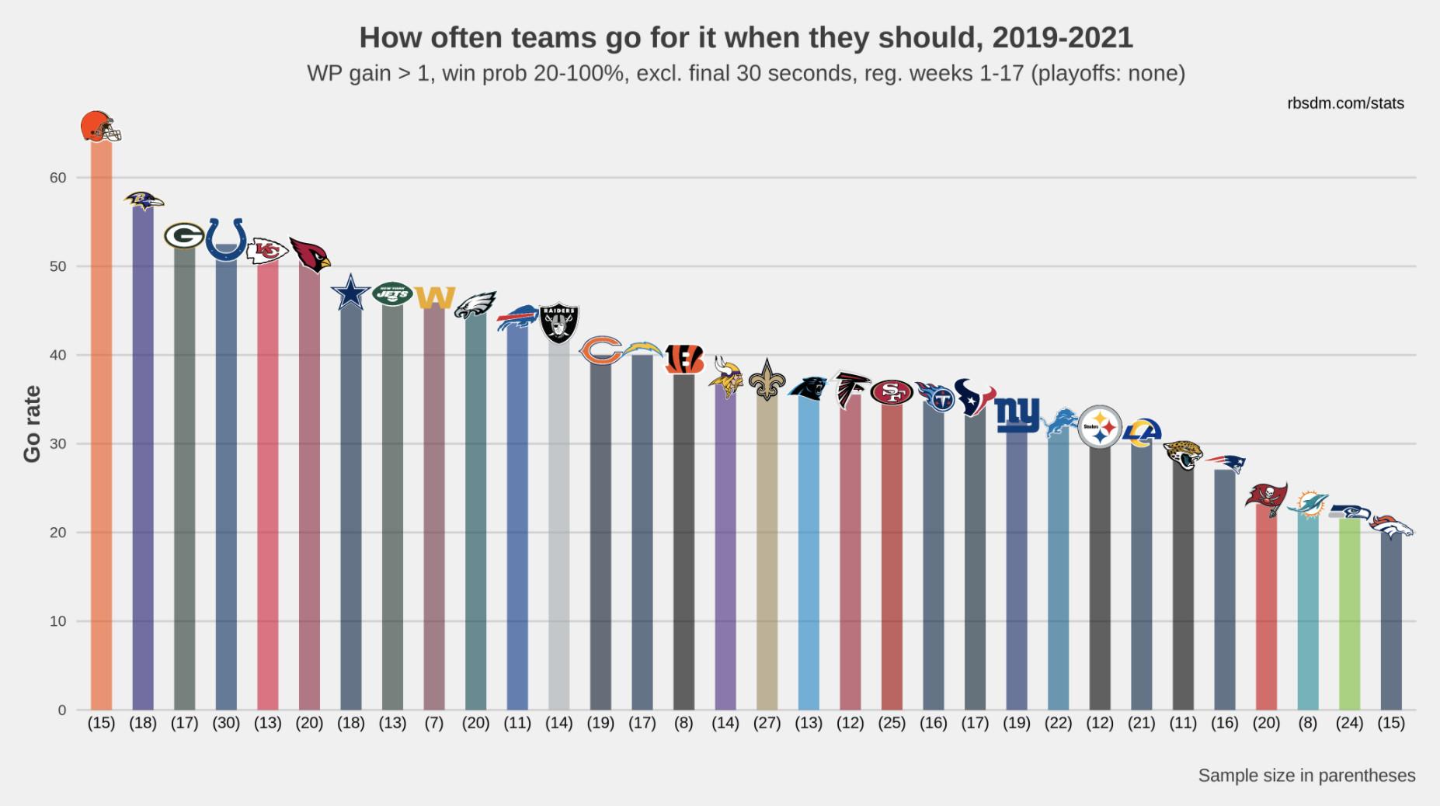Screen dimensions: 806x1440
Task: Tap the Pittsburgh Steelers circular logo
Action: (x=1100, y=426)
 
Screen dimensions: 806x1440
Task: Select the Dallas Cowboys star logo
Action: (x=350, y=293)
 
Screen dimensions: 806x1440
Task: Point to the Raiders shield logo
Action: (x=559, y=323)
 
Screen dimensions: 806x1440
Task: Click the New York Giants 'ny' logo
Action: (x=1017, y=415)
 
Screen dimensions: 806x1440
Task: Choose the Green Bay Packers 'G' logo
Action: (x=184, y=235)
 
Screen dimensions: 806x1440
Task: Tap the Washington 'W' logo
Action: (x=434, y=297)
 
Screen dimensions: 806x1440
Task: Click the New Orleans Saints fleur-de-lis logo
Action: (x=767, y=380)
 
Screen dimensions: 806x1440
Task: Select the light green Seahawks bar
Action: (x=1349, y=613)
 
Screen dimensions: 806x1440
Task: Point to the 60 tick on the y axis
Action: (x=58, y=178)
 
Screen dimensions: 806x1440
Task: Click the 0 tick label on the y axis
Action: (x=62, y=710)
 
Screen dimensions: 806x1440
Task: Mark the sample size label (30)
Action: (x=226, y=723)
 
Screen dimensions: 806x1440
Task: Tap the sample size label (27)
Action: (x=767, y=723)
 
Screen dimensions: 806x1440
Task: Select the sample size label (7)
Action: (x=434, y=723)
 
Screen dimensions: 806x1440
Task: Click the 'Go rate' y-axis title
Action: (x=32, y=424)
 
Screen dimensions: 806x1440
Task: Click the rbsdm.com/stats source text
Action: (x=1345, y=103)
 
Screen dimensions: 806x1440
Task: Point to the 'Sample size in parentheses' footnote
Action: (x=1306, y=775)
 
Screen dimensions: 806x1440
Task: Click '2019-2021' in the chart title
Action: (x=1062, y=37)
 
